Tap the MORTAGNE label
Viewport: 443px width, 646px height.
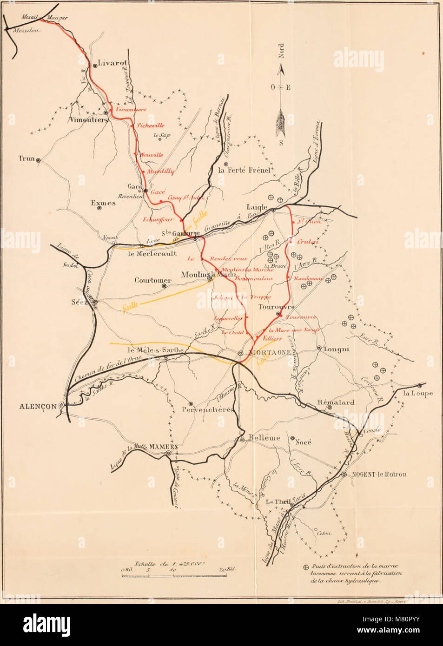tap(270, 353)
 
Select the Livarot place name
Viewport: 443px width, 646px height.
tap(112, 63)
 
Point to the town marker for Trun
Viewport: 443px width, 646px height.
tap(38, 160)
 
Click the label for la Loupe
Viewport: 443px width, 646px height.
tap(417, 393)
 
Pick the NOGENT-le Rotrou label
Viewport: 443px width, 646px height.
tap(379, 475)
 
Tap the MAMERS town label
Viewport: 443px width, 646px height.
tap(163, 447)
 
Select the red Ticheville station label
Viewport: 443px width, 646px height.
tap(151, 125)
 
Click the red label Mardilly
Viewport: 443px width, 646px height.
tap(161, 171)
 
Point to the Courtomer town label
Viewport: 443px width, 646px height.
tap(153, 280)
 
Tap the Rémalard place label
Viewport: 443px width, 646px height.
tap(336, 402)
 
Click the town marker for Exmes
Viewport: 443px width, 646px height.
tap(99, 208)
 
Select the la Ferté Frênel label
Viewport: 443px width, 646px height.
tap(244, 171)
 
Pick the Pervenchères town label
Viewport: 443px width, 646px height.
tap(207, 410)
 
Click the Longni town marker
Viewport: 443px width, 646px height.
tap(319, 348)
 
